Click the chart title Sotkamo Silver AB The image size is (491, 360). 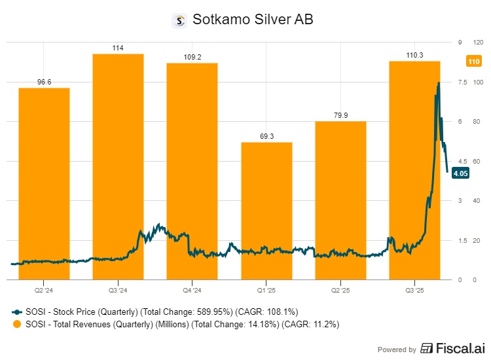(x=253, y=20)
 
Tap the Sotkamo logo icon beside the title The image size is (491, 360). (x=179, y=20)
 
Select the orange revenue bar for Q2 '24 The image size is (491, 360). (x=44, y=183)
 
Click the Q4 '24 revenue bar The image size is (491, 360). (x=192, y=170)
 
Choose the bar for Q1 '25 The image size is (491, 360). (x=266, y=209)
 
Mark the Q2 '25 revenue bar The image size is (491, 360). (x=340, y=200)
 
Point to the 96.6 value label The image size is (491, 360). (x=44, y=82)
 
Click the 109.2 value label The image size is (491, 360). (x=192, y=57)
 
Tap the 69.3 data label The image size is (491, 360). (x=266, y=136)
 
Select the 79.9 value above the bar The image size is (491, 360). (x=340, y=115)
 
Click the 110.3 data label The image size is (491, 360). (x=414, y=55)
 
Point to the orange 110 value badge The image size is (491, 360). (x=474, y=62)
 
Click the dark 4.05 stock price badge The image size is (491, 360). (x=460, y=173)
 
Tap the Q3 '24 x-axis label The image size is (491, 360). (x=118, y=289)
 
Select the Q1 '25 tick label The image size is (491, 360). (x=266, y=289)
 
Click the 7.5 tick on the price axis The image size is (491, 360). (x=462, y=82)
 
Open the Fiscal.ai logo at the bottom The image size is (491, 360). (x=451, y=348)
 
